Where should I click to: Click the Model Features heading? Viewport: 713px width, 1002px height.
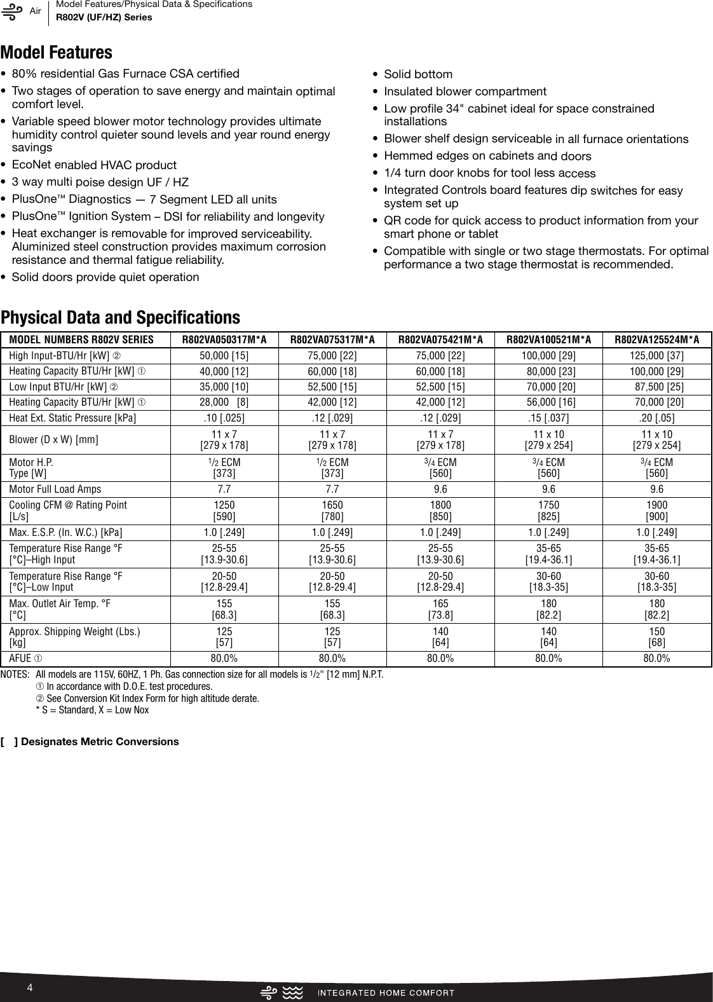pyautogui.click(x=57, y=52)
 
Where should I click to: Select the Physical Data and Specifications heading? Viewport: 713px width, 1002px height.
pyautogui.click(x=121, y=317)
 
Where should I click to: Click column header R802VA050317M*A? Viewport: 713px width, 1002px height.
pyautogui.click(x=224, y=340)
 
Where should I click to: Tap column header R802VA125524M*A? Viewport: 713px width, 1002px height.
pyautogui.click(x=656, y=340)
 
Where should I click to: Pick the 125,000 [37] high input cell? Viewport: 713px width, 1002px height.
pyautogui.click(x=656, y=355)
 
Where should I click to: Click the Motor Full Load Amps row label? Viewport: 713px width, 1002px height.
pyautogui.click(x=55, y=489)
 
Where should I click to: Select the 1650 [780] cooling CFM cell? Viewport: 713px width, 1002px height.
pyautogui.click(x=332, y=511)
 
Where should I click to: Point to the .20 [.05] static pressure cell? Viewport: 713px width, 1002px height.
pyautogui.click(x=656, y=418)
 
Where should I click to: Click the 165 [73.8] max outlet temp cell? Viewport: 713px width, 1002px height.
pyautogui.click(x=440, y=609)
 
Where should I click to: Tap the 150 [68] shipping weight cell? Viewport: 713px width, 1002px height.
pyautogui.click(x=656, y=637)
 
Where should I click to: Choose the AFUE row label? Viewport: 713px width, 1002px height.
pyautogui.click(x=26, y=658)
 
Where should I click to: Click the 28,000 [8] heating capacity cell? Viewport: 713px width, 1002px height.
pyautogui.click(x=224, y=402)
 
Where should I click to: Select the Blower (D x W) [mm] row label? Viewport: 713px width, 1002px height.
pyautogui.click(x=53, y=439)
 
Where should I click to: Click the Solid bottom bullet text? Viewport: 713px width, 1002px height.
pyautogui.click(x=418, y=74)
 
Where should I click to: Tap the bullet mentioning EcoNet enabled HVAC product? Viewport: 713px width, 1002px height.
pyautogui.click(x=94, y=165)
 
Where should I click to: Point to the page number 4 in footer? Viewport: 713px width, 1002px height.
pyautogui.click(x=29, y=987)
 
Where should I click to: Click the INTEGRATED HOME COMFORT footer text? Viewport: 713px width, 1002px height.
pyautogui.click(x=386, y=992)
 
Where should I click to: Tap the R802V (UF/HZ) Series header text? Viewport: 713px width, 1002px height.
pyautogui.click(x=104, y=17)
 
